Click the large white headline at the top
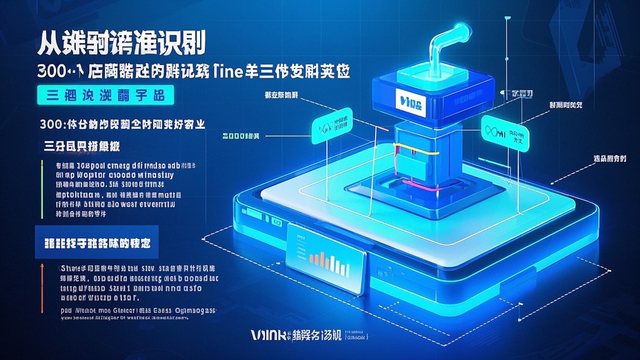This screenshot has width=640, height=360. tap(122, 42)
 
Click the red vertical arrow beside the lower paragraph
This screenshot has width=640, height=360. tap(42, 287)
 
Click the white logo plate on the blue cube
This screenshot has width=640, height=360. tap(411, 102)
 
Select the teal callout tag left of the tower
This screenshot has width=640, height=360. tap(332, 126)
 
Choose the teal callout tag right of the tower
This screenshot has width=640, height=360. tap(504, 133)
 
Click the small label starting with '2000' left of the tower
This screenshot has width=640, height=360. tap(240, 135)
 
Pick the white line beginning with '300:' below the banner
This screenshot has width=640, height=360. tap(122, 124)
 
